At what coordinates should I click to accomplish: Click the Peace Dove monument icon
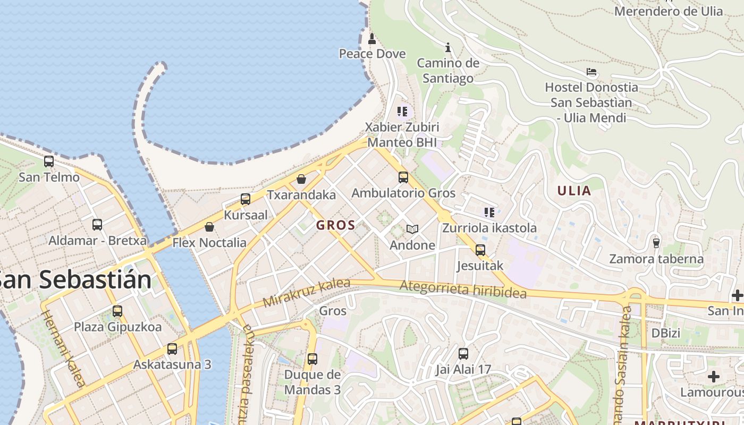(x=372, y=39)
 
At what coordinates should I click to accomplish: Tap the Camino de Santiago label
(x=447, y=71)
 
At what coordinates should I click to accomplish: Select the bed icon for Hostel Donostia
(x=591, y=72)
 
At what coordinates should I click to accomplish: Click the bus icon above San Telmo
(x=49, y=161)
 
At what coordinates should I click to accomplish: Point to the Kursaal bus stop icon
(x=246, y=199)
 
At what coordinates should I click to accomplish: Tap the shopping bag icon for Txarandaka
(x=301, y=179)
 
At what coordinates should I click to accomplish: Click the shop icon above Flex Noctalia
(x=209, y=227)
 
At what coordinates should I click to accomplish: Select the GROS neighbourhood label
(x=335, y=225)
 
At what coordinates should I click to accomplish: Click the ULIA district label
(x=574, y=191)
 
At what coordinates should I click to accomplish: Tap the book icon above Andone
(x=412, y=229)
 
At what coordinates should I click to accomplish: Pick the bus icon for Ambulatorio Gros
(x=403, y=177)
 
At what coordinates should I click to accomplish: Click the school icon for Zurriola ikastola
(x=489, y=212)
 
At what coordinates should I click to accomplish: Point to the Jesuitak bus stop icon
(x=480, y=250)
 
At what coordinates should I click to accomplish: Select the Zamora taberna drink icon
(x=656, y=243)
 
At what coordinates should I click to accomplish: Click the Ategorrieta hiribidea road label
(x=463, y=290)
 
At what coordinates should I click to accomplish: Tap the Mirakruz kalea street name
(x=307, y=293)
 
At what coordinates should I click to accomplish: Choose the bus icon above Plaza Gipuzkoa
(x=117, y=311)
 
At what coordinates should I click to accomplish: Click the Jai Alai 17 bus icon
(x=463, y=354)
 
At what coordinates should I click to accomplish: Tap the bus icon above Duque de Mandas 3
(x=312, y=359)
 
